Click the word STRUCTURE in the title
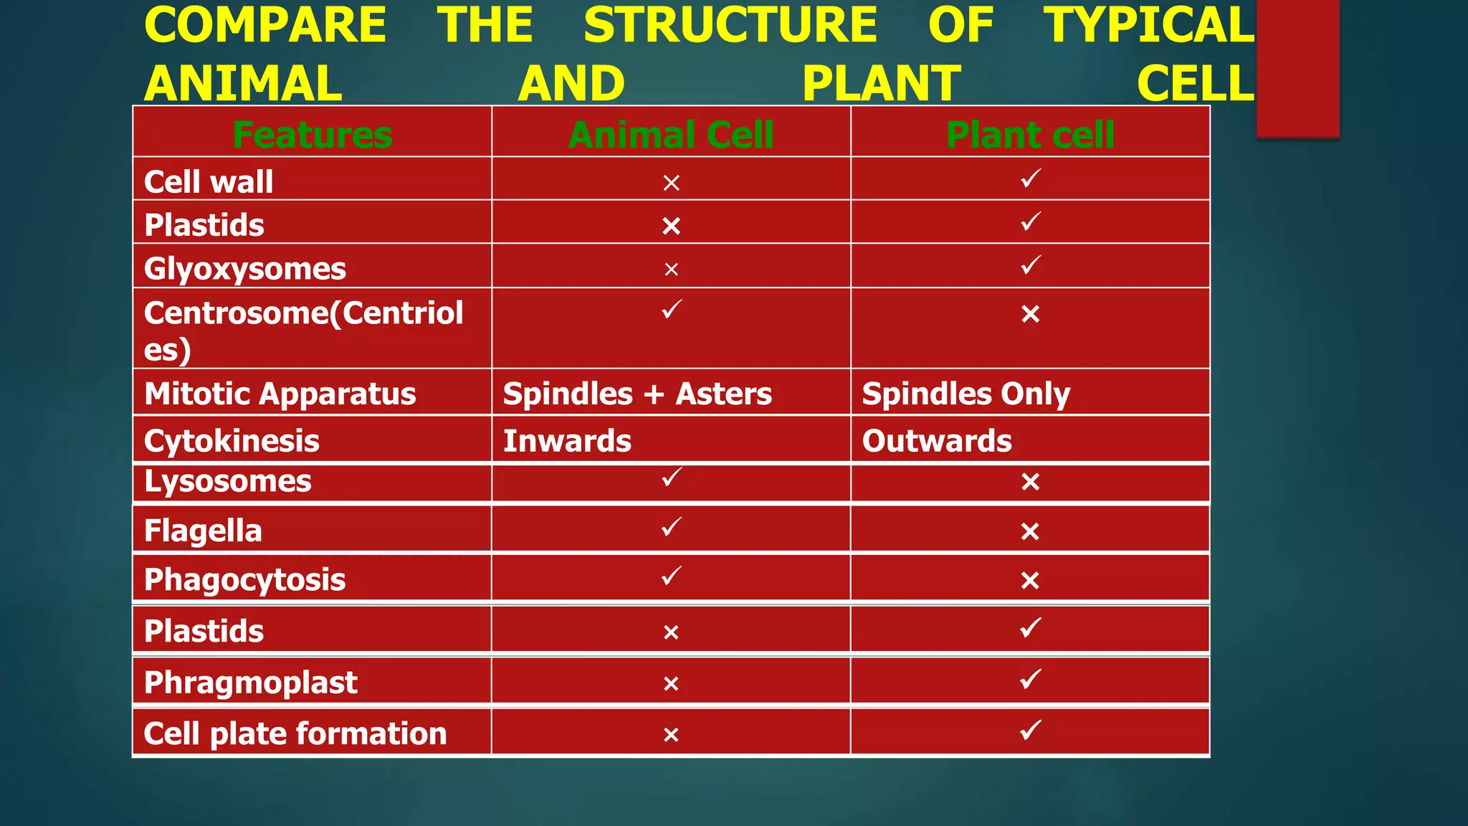click(x=730, y=26)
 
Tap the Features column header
click(x=313, y=135)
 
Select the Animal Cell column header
click(x=671, y=135)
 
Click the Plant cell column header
click(x=1030, y=135)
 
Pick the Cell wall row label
click(x=209, y=181)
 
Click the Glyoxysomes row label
click(x=245, y=269)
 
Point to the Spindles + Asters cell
click(x=637, y=394)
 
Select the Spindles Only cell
click(x=966, y=394)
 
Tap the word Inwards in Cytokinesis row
click(x=567, y=440)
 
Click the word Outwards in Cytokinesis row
click(x=937, y=440)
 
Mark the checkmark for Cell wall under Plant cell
click(x=1031, y=178)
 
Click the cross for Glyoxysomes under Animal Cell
click(x=671, y=270)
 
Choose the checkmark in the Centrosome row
click(x=672, y=309)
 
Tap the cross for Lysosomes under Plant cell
click(x=1030, y=482)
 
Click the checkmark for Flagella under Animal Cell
click(x=672, y=527)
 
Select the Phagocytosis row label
click(x=245, y=579)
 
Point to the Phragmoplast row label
click(x=251, y=682)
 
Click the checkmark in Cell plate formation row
click(x=1031, y=730)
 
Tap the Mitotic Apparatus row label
click(x=280, y=394)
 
